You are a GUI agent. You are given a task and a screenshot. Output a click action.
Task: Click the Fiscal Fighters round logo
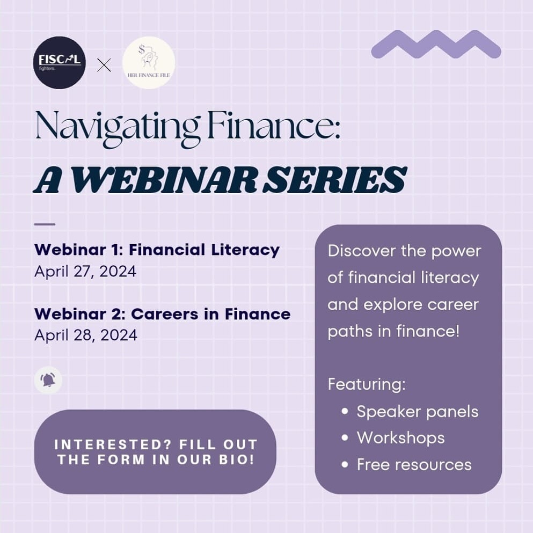[60, 63]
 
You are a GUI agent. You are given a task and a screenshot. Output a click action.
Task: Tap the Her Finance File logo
[149, 63]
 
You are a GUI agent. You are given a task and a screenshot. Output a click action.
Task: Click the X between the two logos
[104, 65]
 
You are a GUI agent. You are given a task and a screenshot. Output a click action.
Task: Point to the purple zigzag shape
[436, 44]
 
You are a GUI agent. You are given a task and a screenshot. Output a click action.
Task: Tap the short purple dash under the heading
[45, 224]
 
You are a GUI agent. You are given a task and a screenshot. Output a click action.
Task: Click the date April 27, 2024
[85, 271]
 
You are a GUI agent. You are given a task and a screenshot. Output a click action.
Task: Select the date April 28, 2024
[86, 335]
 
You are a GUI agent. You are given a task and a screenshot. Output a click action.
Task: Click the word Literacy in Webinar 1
[245, 250]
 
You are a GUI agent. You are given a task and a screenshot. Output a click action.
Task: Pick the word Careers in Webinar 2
[165, 314]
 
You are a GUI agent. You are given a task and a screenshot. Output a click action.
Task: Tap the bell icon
[48, 379]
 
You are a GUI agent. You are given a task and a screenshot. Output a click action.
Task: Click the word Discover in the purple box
[361, 251]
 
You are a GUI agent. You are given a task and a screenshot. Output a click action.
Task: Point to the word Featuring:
[367, 385]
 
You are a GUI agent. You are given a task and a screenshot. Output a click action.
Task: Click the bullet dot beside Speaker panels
[345, 411]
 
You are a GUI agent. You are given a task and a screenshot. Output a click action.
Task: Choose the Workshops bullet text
[401, 438]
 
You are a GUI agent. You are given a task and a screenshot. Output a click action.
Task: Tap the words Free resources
[414, 464]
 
